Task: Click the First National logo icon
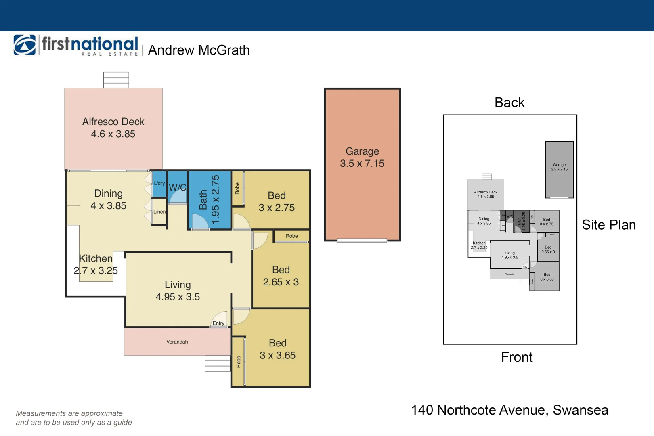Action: (25, 45)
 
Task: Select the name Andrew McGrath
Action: (199, 50)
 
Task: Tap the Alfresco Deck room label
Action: (113, 128)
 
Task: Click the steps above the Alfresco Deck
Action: (116, 80)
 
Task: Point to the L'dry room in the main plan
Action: (159, 184)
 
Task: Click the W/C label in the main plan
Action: (177, 188)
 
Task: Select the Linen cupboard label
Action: (159, 212)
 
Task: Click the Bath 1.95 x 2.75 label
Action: (210, 200)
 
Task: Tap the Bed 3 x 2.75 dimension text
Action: (277, 208)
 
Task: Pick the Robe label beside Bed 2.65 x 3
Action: (291, 236)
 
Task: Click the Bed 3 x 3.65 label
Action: (277, 349)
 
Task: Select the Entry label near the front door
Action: (218, 323)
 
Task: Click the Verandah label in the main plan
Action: (177, 342)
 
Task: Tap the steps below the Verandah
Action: (217, 363)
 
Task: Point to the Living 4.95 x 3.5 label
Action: (178, 291)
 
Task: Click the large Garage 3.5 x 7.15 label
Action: (362, 157)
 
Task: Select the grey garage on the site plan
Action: (559, 170)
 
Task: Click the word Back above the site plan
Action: (509, 103)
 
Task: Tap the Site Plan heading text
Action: (609, 225)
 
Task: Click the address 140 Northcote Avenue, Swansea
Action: (509, 410)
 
